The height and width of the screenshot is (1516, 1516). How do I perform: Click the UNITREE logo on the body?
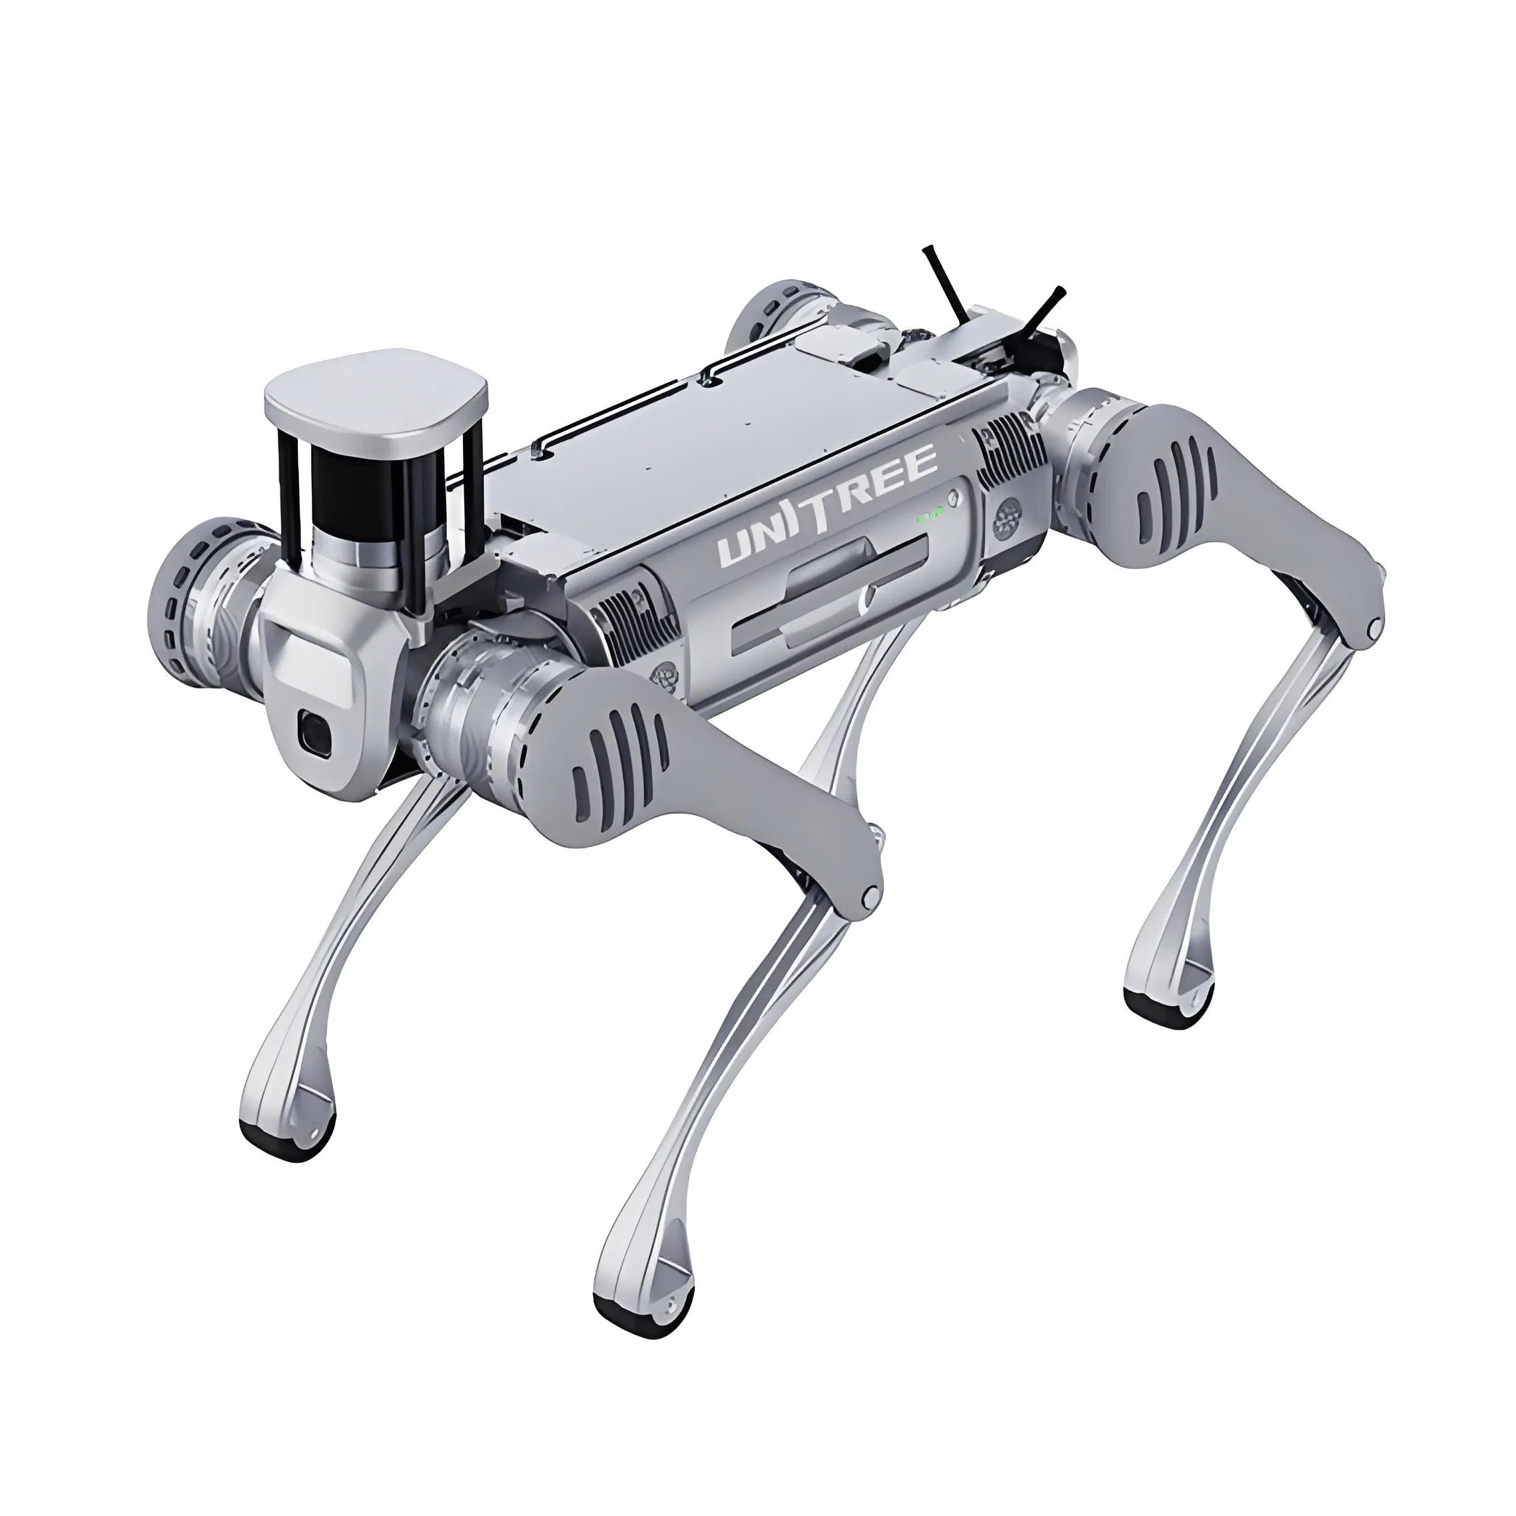pyautogui.click(x=828, y=506)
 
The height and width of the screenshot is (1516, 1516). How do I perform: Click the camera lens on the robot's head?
pyautogui.click(x=314, y=731)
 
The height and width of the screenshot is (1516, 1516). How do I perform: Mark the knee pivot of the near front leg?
pyautogui.click(x=869, y=896)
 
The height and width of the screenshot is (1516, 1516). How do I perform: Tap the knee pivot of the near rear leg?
pyautogui.click(x=1373, y=627)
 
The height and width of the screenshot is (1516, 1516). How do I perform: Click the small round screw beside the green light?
pyautogui.click(x=952, y=498)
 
